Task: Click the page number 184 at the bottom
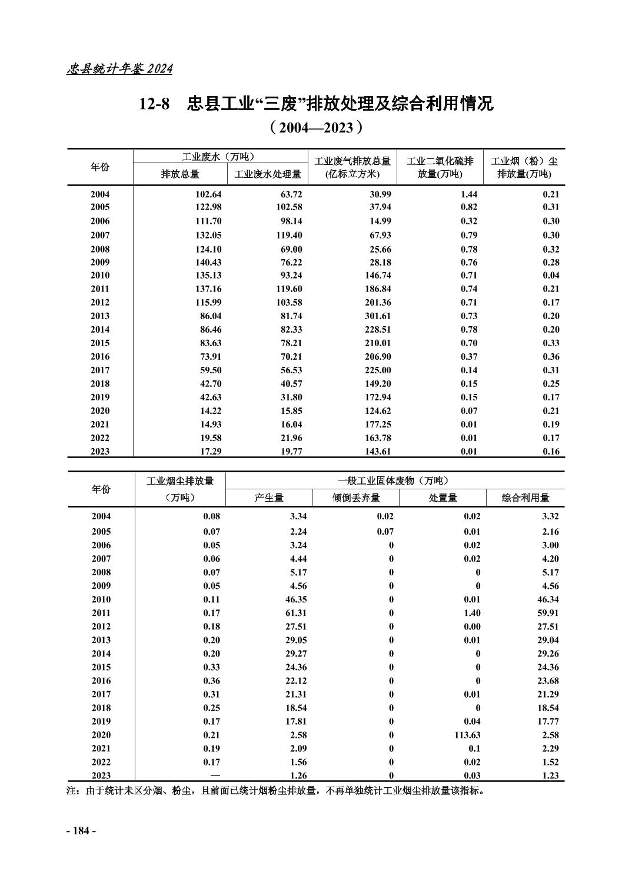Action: [x=81, y=831]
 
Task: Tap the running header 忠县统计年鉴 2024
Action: [x=119, y=69]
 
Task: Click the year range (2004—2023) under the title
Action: [x=315, y=128]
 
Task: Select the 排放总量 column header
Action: [x=180, y=174]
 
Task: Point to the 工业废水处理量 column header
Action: [x=268, y=174]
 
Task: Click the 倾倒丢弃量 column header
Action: [x=356, y=498]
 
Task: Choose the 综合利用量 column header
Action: [x=525, y=498]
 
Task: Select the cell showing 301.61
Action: [x=377, y=316]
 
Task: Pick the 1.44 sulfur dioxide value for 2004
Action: [x=468, y=194]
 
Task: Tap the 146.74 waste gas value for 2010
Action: [x=377, y=276]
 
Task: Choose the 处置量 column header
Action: [x=443, y=498]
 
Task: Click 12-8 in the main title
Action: [x=154, y=105]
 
